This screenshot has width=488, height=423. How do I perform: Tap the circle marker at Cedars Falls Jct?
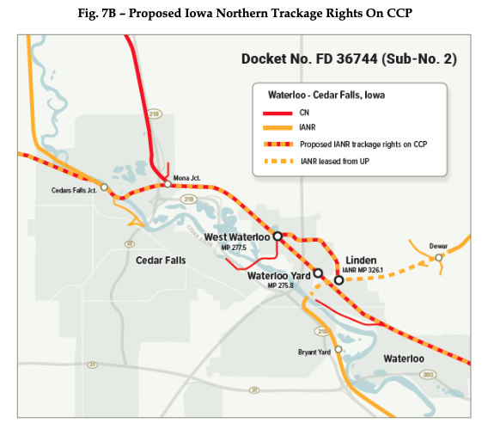(104, 187)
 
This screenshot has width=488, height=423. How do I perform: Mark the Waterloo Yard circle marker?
(318, 273)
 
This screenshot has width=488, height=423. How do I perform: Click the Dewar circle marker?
(438, 257)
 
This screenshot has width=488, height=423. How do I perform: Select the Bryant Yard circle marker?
(339, 349)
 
